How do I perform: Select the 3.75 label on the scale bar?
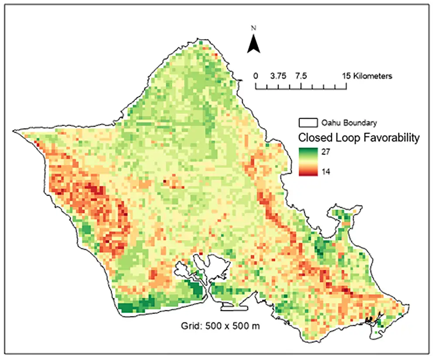click(x=277, y=76)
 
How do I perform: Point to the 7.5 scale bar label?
click(x=301, y=76)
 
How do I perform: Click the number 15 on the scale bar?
click(x=347, y=76)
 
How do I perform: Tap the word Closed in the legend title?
click(x=313, y=138)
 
